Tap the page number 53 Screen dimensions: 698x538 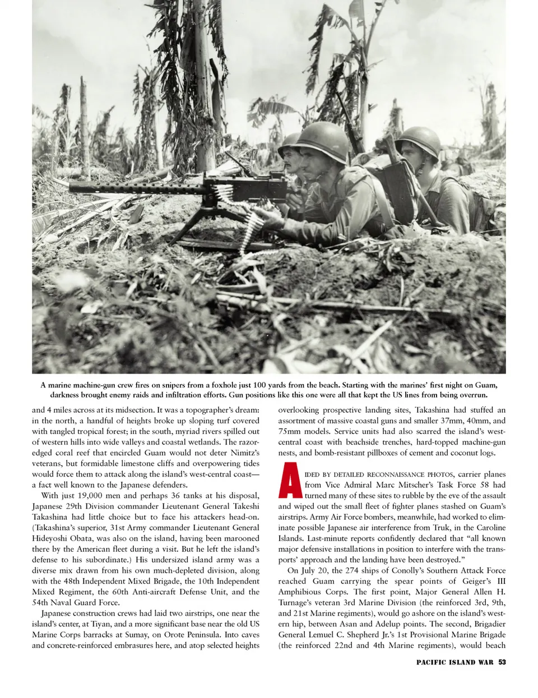coord(502,662)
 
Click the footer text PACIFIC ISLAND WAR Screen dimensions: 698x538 coord(454,662)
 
